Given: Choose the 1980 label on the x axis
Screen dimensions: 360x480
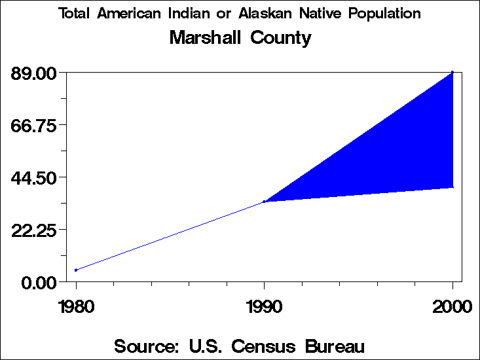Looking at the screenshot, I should [76, 306].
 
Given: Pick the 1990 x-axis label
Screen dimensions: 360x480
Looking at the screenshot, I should [264, 306].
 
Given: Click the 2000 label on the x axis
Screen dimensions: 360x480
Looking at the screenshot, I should [452, 306].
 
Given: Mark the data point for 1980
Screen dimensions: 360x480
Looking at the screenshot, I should [76, 270].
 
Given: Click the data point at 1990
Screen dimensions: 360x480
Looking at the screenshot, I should [264, 202].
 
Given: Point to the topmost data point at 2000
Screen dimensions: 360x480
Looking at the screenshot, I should [452, 72].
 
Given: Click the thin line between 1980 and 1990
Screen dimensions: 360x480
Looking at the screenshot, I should [170, 236].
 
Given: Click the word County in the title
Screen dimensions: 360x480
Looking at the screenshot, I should [281, 38].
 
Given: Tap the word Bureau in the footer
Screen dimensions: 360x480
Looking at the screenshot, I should [333, 346].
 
